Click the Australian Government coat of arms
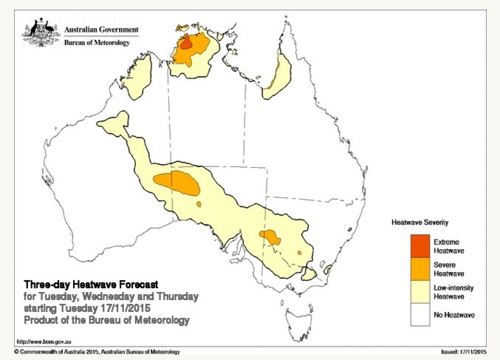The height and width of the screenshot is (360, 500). click(40, 33)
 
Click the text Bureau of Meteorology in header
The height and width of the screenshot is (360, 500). click(98, 43)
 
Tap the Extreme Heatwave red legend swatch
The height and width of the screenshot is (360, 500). click(420, 244)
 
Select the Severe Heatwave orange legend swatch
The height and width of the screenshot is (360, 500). click(420, 268)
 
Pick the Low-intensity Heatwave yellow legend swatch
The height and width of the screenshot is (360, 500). click(420, 291)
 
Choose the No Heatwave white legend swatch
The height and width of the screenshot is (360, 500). click(420, 314)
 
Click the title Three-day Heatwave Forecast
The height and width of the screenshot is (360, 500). click(91, 285)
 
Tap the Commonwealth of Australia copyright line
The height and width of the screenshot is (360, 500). click(96, 352)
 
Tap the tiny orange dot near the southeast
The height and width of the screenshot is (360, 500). click(300, 254)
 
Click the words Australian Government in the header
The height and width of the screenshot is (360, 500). click(101, 30)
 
